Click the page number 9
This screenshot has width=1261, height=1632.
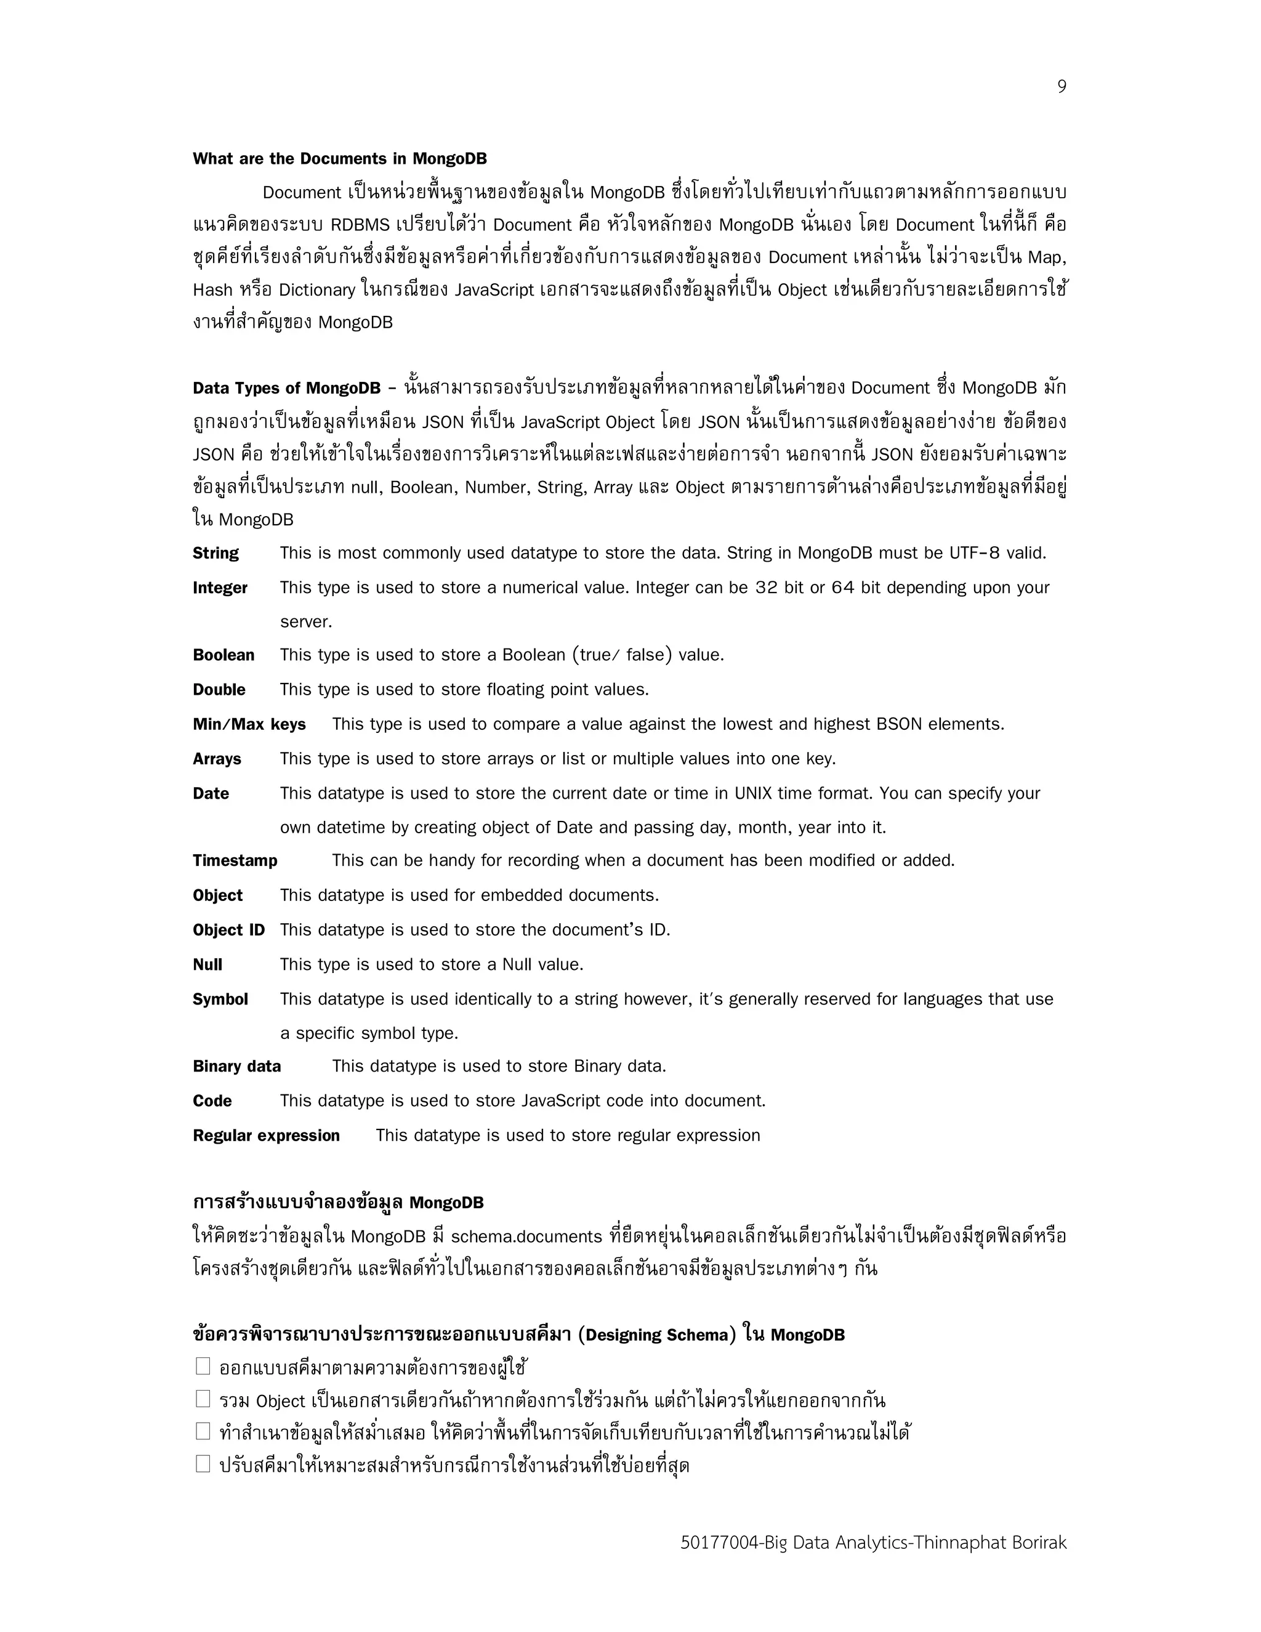[x=1061, y=87]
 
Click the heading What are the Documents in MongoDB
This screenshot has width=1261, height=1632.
[x=339, y=158]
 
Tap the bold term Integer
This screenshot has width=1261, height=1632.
[x=220, y=588]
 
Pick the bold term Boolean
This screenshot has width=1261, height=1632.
[x=224, y=655]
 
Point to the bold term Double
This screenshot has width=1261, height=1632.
[x=219, y=689]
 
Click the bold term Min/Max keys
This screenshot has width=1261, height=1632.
[x=249, y=724]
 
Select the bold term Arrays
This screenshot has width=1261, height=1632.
[x=217, y=759]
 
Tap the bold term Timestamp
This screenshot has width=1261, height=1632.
[x=235, y=860]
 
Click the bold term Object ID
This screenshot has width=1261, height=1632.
[x=228, y=929]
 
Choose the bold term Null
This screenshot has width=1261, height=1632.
[x=207, y=964]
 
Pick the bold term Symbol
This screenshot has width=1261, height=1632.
[x=220, y=999]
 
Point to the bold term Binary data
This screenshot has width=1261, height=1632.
[x=237, y=1066]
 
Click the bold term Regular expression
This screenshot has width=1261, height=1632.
[x=266, y=1135]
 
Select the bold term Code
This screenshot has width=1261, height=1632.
[x=212, y=1101]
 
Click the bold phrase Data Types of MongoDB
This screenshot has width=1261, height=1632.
[x=286, y=388]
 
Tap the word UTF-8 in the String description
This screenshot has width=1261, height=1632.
[x=974, y=553]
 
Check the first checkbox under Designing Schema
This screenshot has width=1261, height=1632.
[x=203, y=1366]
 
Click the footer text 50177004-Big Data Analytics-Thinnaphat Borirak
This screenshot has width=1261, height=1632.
[x=872, y=1542]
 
